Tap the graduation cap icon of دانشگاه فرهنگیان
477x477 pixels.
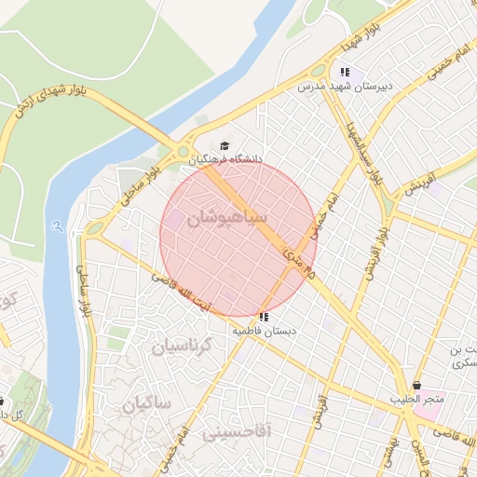(224, 145)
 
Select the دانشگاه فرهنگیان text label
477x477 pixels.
(225, 159)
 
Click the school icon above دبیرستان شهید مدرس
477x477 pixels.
(345, 72)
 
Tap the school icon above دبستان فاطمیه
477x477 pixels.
(266, 317)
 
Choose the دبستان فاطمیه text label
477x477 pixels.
(266, 331)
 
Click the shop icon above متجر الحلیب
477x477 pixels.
(416, 385)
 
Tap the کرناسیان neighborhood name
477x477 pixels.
(183, 346)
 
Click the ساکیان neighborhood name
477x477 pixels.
(147, 403)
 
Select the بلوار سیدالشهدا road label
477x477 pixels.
(364, 150)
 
